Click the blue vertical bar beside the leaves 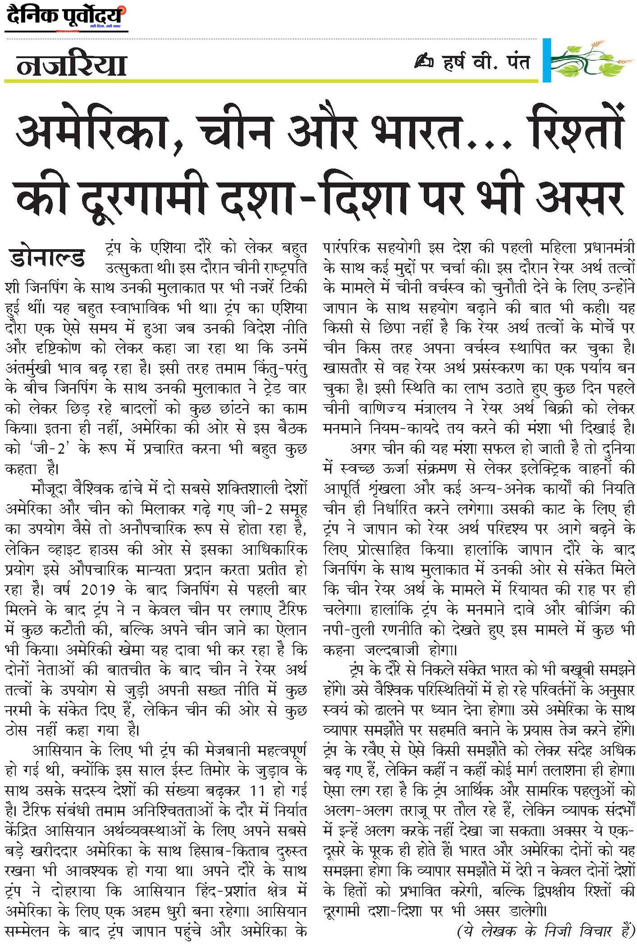tap(546, 60)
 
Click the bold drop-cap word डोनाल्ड tap(47, 257)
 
